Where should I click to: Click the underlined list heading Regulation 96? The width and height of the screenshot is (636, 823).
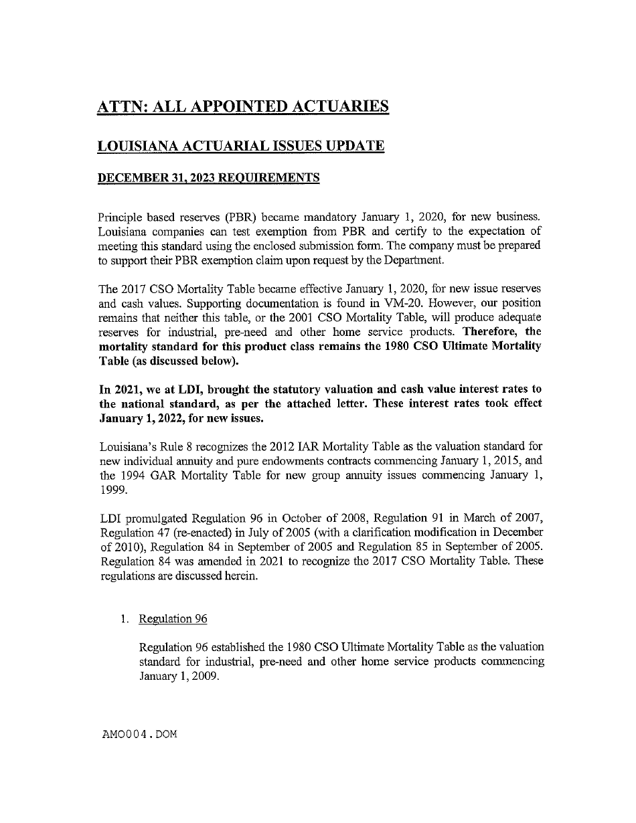[x=173, y=619]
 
